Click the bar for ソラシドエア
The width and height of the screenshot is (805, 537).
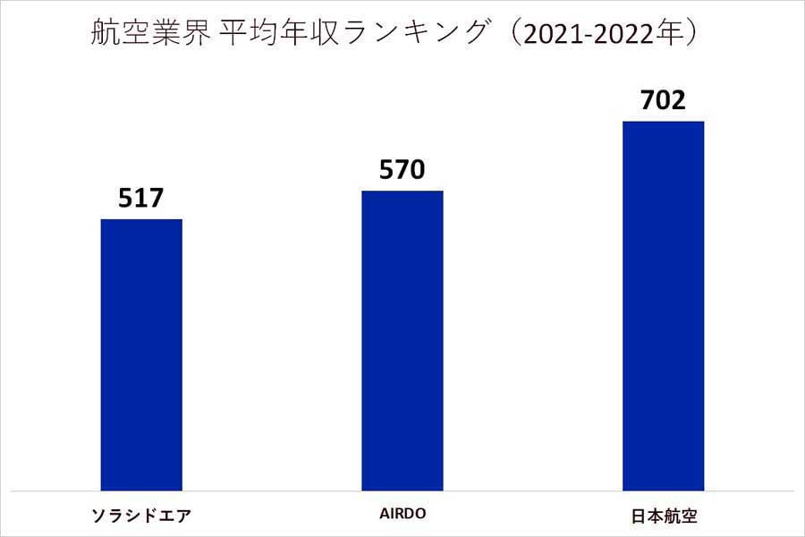click(141, 354)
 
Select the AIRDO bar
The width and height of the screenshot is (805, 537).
click(402, 340)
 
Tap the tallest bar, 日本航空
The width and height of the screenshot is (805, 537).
click(663, 305)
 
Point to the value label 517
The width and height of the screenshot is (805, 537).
click(141, 198)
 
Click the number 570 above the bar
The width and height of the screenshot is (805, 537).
click(402, 169)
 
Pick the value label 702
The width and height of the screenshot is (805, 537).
click(663, 99)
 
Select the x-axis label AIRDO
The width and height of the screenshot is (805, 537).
click(402, 514)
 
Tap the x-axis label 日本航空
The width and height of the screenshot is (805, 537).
click(663, 515)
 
